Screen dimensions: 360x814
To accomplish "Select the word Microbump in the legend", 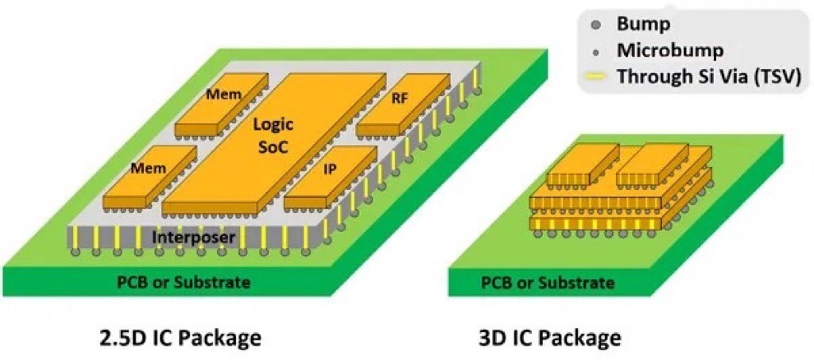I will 670,52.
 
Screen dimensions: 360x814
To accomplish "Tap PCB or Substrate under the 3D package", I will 548,282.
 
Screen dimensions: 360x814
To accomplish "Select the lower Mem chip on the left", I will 150,168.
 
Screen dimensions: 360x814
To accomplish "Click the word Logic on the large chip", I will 273,125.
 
